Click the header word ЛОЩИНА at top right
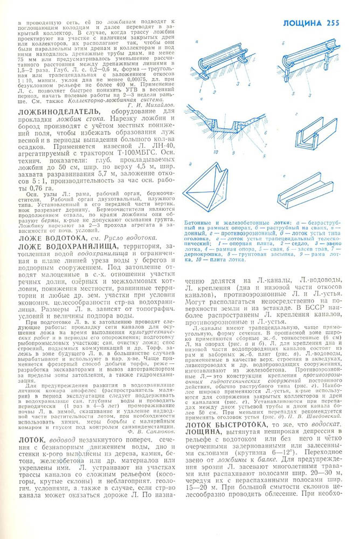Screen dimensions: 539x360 303,23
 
